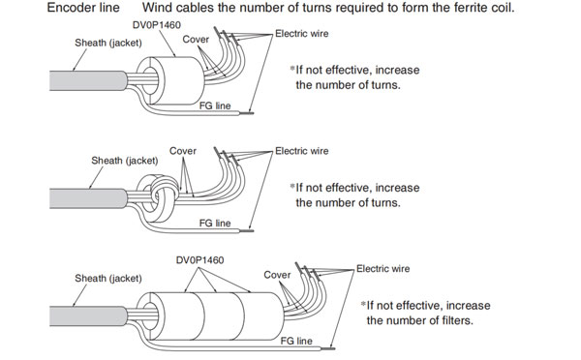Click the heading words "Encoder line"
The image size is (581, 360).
tap(83, 8)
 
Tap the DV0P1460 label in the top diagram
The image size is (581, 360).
tap(157, 25)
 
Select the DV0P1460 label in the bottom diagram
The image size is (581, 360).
tap(199, 260)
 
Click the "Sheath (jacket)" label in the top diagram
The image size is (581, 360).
tap(108, 43)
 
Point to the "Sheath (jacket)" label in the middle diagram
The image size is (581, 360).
tap(125, 161)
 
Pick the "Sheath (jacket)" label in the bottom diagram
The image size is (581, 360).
tap(108, 279)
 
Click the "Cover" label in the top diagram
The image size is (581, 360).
tap(196, 40)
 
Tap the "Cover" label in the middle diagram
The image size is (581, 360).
tap(183, 151)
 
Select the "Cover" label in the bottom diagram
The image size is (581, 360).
tap(277, 275)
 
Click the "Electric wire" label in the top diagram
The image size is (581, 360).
tap(301, 34)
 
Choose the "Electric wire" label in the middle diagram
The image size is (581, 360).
tap(301, 151)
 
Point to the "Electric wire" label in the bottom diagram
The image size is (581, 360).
tap(382, 268)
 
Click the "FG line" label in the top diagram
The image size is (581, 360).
tap(215, 105)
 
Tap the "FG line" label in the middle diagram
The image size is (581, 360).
tap(215, 224)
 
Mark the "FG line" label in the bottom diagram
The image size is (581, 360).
tap(296, 341)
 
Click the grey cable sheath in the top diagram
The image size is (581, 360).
tap(88, 80)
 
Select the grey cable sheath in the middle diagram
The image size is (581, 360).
tap(88, 198)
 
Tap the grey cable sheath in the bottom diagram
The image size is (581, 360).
tap(88, 316)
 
